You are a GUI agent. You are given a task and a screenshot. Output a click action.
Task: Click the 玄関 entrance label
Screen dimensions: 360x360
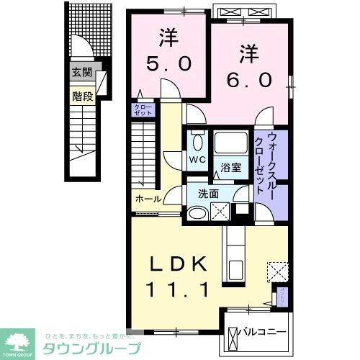[x=82, y=72]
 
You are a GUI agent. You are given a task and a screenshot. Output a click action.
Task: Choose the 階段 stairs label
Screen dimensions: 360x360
[x=82, y=95]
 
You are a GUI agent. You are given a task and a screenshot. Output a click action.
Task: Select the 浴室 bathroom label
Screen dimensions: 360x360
[x=230, y=168]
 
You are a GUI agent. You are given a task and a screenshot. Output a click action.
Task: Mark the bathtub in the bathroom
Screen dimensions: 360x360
[x=230, y=145]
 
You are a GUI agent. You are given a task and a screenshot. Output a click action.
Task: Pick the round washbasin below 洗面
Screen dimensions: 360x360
[x=197, y=212]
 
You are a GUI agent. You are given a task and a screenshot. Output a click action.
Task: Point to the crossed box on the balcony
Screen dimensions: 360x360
[x=233, y=336]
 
